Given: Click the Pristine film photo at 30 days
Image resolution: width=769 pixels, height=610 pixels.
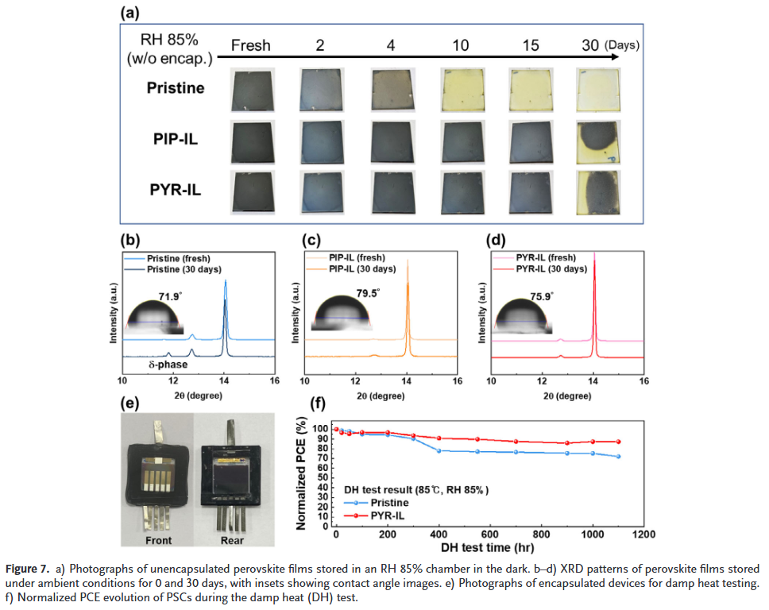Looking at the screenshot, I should click(x=598, y=88).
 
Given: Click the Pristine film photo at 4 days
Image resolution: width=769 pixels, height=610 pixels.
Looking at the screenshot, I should click(x=391, y=88).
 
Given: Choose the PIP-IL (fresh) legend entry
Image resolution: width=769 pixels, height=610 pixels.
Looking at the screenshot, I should click(x=360, y=258).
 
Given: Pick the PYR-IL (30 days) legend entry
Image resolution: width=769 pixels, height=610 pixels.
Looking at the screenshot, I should click(x=551, y=268).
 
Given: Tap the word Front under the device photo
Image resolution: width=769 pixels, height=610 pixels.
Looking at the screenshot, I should click(x=157, y=541).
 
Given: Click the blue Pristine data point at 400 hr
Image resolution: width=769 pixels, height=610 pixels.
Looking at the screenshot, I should click(x=439, y=450).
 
